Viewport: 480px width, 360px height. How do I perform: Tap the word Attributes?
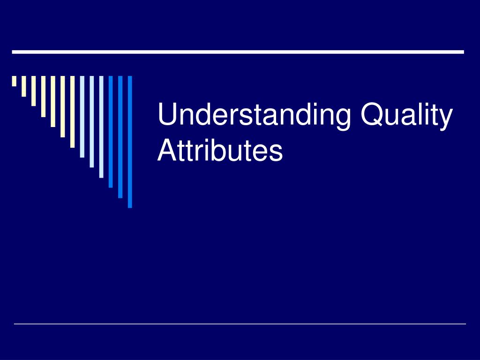tap(220, 151)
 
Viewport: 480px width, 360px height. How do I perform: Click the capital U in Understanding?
tap(166, 115)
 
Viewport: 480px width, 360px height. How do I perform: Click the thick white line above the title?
tap(238, 52)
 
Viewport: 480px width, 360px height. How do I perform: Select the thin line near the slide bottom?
tap(240, 323)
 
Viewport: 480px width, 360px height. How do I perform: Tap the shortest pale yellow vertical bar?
tap(14, 81)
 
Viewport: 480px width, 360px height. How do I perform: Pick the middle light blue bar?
tap(92, 121)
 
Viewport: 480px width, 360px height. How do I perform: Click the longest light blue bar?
tap(101, 127)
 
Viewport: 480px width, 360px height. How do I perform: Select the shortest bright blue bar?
tap(111, 131)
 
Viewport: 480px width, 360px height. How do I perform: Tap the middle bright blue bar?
tap(120, 136)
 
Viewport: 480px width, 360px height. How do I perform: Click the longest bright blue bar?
tap(130, 141)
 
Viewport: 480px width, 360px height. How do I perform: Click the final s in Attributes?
tap(277, 153)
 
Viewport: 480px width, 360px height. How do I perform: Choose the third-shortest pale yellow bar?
tap(33, 91)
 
